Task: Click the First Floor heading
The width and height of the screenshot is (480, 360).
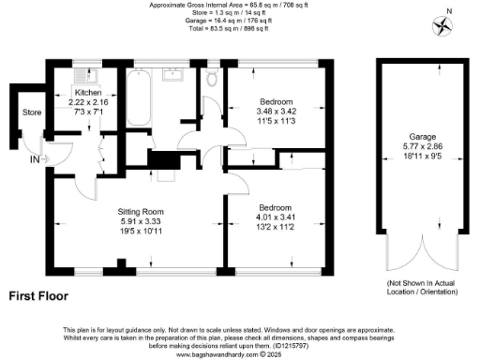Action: pos(42,295)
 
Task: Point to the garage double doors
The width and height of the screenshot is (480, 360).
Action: pos(421,252)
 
